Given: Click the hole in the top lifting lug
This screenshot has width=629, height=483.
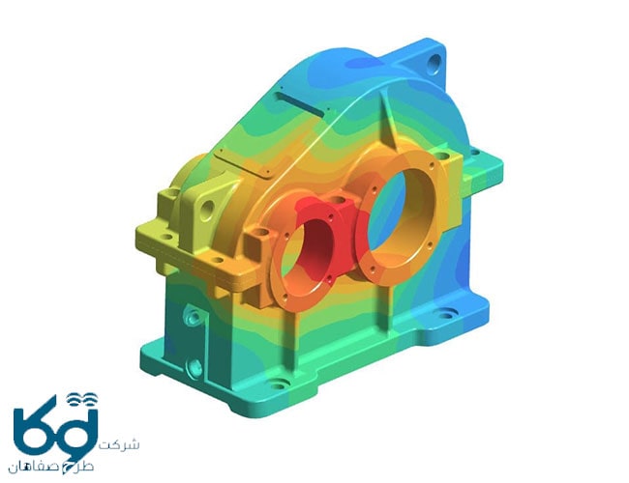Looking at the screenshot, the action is [434, 64].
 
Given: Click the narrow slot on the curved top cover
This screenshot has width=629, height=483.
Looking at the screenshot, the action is [300, 104].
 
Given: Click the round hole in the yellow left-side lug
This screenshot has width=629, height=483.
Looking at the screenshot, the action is [207, 210].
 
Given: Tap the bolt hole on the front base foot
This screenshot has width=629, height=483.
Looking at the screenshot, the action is [280, 384].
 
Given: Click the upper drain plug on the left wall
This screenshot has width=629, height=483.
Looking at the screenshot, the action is [193, 317].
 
